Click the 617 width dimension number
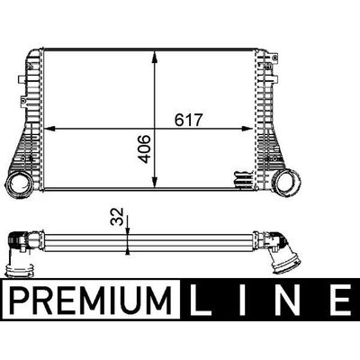point(189,120)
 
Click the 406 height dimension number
point(145,149)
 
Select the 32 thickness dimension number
point(117,216)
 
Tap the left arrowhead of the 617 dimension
point(49,129)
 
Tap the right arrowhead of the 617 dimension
point(247,129)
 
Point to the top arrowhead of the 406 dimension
point(155,57)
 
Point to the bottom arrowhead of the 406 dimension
point(155,182)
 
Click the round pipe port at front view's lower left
point(19,184)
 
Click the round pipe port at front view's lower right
point(287,182)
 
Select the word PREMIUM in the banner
point(90,300)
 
